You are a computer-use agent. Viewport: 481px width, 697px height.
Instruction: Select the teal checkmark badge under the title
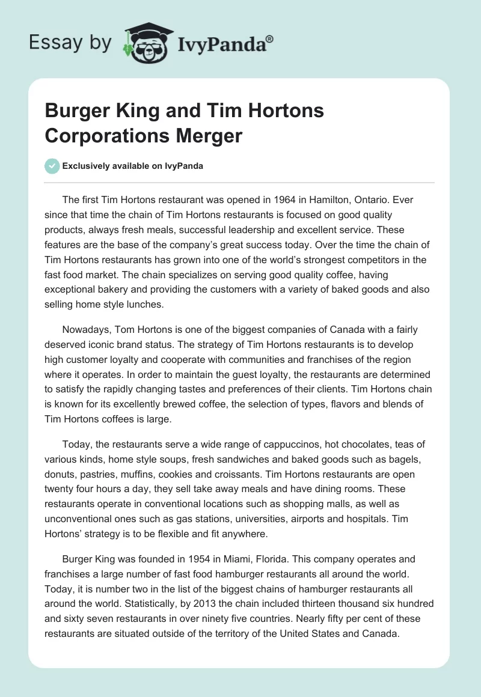pos(52,166)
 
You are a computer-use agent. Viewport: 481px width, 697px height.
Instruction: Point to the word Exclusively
pos(89,166)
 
